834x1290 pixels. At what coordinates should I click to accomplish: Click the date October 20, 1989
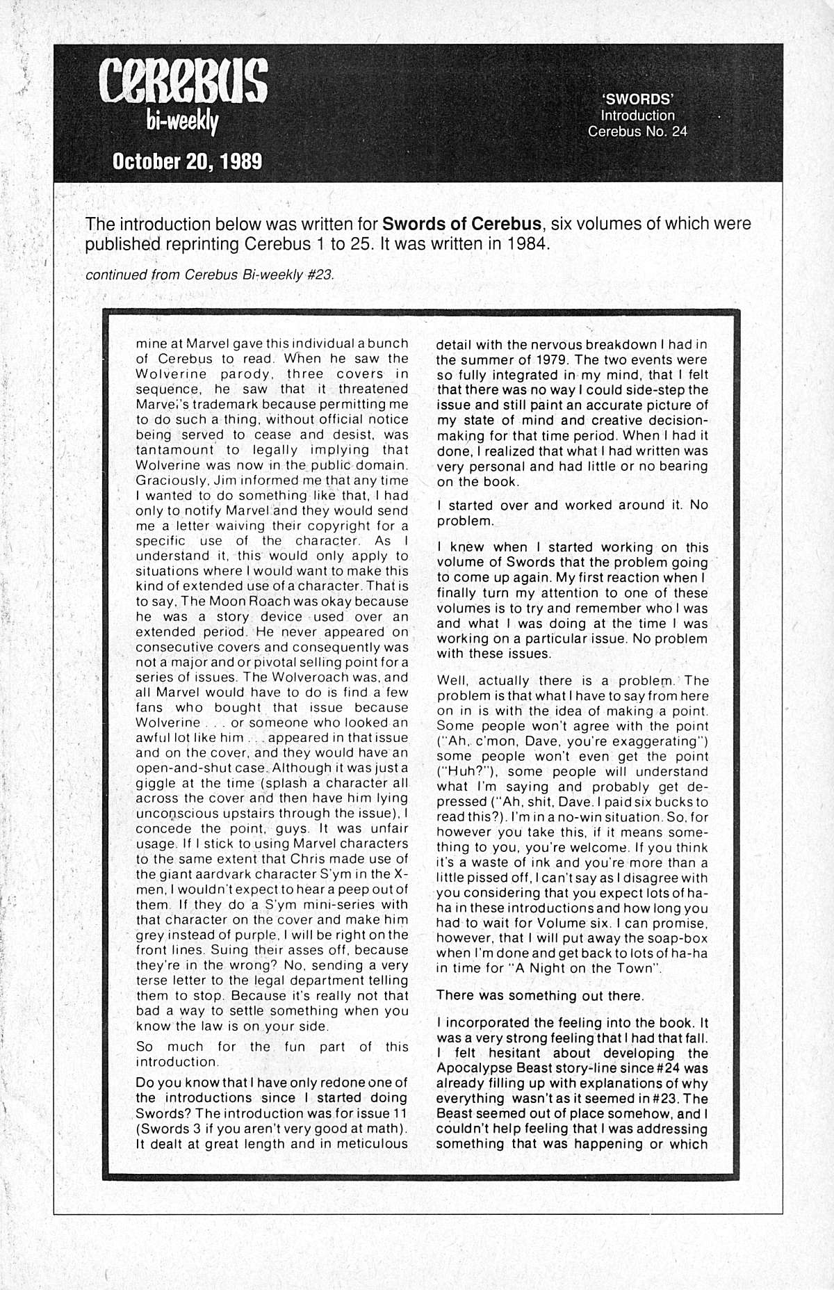pos(188,161)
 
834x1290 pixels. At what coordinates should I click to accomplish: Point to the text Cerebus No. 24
pos(637,131)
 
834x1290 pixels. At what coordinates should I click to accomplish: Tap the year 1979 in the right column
pos(533,360)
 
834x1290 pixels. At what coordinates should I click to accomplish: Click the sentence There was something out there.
pos(540,995)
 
